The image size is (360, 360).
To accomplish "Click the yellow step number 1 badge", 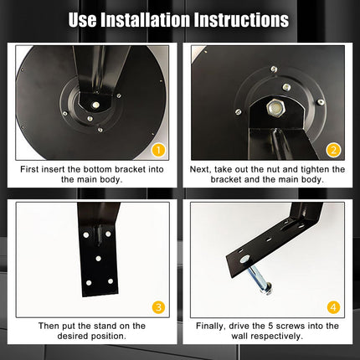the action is click(158, 151).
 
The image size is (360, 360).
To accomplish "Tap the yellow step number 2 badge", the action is click(333, 151).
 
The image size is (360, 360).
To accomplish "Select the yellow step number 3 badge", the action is click(158, 307).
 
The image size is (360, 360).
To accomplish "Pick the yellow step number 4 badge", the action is click(333, 307).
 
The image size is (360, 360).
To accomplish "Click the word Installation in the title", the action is click(145, 20).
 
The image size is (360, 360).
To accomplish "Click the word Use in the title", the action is click(83, 20).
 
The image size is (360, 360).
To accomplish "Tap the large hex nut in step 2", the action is click(275, 107).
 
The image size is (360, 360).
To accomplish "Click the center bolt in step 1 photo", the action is click(95, 105).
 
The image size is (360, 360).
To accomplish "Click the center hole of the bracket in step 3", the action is click(98, 259).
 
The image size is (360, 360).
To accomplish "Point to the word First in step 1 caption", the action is click(29, 169).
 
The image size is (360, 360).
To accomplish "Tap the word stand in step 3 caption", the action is click(105, 326).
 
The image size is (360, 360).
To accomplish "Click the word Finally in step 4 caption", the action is click(211, 327).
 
